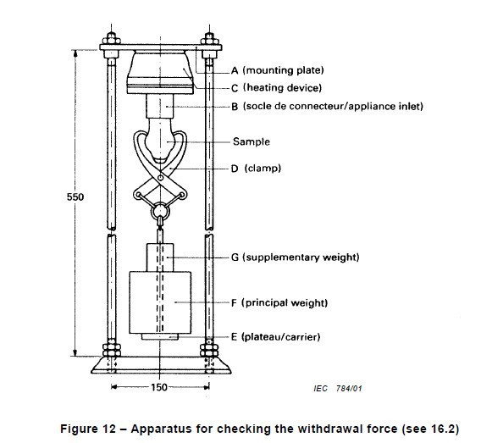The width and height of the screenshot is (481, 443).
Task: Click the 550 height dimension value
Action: (x=75, y=197)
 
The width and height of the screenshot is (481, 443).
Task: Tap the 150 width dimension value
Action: (x=159, y=387)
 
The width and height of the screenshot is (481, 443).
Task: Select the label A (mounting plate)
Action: (x=277, y=70)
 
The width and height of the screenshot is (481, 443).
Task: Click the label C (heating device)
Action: (x=276, y=88)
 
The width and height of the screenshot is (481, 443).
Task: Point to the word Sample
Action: (x=252, y=141)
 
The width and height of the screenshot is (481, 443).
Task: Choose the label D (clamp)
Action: (x=256, y=169)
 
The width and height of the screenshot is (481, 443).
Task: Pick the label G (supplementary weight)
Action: (x=295, y=257)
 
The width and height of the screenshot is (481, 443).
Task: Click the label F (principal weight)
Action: (x=279, y=303)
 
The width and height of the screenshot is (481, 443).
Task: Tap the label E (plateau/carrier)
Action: (x=275, y=337)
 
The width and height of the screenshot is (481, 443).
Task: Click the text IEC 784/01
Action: (x=338, y=389)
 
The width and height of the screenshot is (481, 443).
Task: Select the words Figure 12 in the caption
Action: (x=88, y=429)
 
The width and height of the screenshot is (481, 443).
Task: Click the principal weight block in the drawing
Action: (x=160, y=302)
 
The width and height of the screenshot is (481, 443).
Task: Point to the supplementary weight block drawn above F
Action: (x=160, y=257)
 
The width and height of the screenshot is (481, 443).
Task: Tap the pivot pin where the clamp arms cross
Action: (x=160, y=178)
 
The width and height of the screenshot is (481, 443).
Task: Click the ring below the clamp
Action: (x=160, y=210)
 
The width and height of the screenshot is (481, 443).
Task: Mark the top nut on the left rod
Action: (x=111, y=38)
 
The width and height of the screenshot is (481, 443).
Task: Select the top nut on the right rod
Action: (x=209, y=38)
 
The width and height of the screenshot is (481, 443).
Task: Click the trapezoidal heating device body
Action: (x=160, y=72)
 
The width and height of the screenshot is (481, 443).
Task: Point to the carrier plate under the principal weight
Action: (x=160, y=337)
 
